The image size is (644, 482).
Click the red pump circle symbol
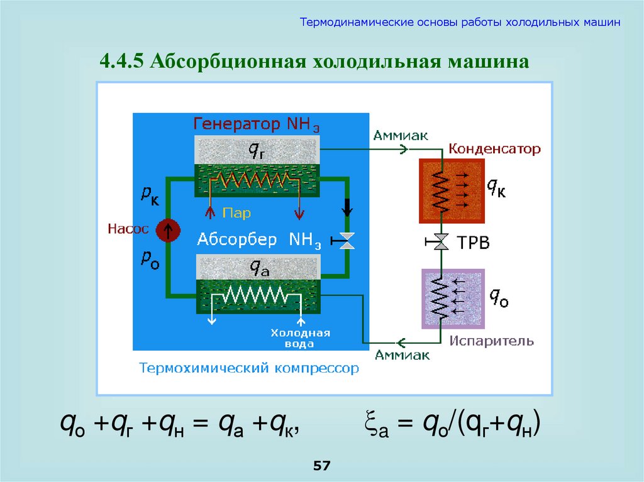coord(168,230)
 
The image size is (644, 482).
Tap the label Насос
coord(128,229)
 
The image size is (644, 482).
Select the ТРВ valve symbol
coord(441,241)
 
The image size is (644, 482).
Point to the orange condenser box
coord(452,191)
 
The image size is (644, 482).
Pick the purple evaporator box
coord(452,299)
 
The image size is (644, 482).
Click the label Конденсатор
coord(494,150)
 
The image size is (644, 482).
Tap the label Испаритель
coord(492,342)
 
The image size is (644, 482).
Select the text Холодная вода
coord(301,338)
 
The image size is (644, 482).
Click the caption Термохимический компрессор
coord(249,368)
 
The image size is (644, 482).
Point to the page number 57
coord(321,466)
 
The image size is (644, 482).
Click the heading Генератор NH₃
coord(257,123)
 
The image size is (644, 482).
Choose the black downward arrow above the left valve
coord(347,208)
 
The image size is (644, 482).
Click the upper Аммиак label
coord(400,135)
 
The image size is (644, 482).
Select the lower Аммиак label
coord(402,356)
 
